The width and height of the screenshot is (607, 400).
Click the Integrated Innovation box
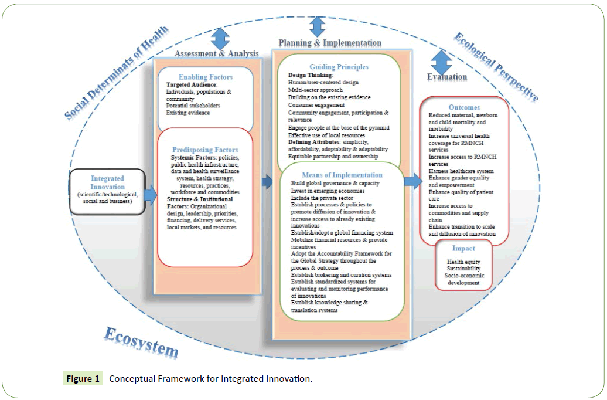pyautogui.click(x=107, y=191)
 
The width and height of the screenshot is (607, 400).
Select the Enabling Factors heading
pyautogui.click(x=205, y=77)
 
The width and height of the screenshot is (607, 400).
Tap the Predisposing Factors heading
pyautogui.click(x=205, y=150)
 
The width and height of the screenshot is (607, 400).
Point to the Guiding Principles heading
pyautogui.click(x=339, y=67)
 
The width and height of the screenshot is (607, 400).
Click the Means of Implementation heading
pyautogui.click(x=341, y=175)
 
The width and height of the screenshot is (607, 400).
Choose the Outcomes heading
pyautogui.click(x=464, y=107)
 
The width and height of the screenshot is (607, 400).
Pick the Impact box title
pyautogui.click(x=463, y=248)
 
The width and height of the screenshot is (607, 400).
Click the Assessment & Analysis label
pyautogui.click(x=216, y=53)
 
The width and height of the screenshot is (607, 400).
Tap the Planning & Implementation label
pyautogui.click(x=329, y=43)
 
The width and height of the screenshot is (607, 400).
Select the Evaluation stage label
pyautogui.click(x=446, y=77)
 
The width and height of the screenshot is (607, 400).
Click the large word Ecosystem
pyautogui.click(x=141, y=342)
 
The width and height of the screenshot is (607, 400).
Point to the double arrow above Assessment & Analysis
pyautogui.click(x=220, y=38)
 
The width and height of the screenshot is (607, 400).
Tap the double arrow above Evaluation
pyautogui.click(x=441, y=62)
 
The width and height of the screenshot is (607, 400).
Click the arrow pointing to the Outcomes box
pyautogui.click(x=413, y=181)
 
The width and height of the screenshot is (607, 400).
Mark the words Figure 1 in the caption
pyautogui.click(x=83, y=379)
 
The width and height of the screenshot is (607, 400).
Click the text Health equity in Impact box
pyautogui.click(x=463, y=262)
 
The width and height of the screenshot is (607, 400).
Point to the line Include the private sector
pyautogui.click(x=322, y=198)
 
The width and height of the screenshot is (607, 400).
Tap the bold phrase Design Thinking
pyautogui.click(x=311, y=75)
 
